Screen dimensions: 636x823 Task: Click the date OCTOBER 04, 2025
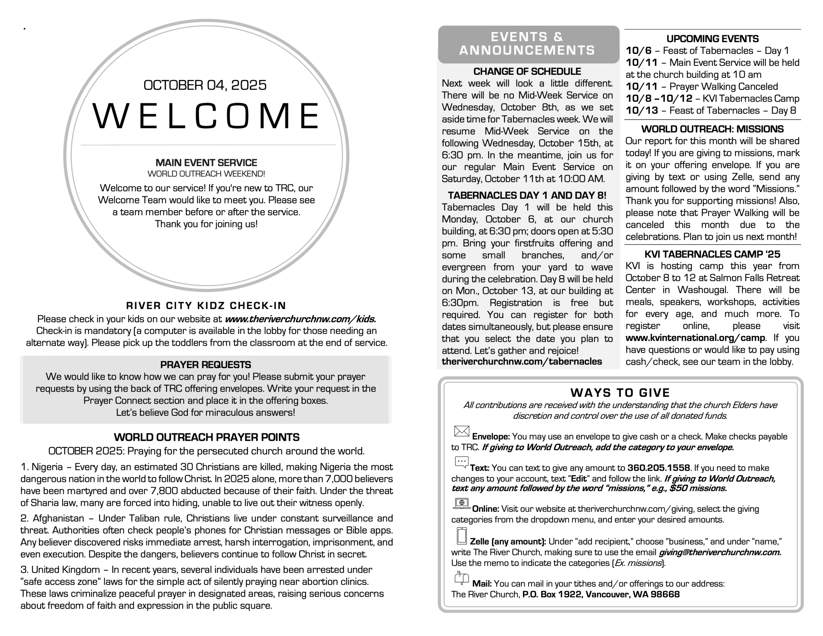(205, 85)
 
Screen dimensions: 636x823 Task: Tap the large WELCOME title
(206, 116)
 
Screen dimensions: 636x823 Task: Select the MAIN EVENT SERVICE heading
(206, 163)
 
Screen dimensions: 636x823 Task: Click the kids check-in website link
(300, 319)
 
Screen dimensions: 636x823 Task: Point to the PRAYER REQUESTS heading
(205, 365)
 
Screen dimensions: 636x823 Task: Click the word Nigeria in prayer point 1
(47, 467)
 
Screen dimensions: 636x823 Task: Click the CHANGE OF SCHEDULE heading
(527, 72)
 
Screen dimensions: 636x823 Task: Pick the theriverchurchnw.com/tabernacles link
(521, 361)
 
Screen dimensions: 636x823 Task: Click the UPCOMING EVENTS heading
(712, 39)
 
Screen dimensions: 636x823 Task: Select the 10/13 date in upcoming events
(642, 111)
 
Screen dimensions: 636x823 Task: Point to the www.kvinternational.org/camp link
(695, 338)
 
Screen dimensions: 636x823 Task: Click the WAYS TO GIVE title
(620, 393)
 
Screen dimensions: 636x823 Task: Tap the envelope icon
(462, 431)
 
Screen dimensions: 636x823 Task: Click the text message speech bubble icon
(462, 462)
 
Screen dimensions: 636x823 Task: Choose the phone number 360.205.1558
(658, 468)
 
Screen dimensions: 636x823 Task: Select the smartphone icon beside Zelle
(462, 536)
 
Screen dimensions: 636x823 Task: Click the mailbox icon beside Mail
(462, 578)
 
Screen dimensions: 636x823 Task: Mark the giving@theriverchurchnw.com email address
(720, 552)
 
